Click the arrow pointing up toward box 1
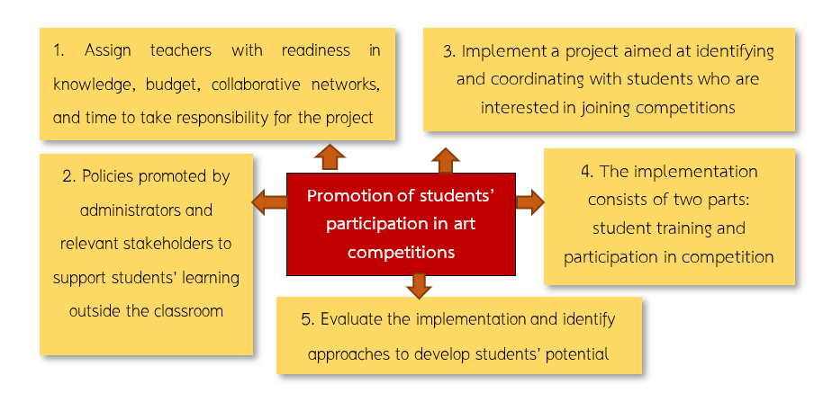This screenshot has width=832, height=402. coord(330,156)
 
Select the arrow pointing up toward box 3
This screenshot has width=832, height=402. coord(445,160)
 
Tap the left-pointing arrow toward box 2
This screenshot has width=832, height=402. coord(269,202)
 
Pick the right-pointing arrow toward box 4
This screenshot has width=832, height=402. coord(530,202)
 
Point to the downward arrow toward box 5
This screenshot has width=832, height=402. coord(417,285)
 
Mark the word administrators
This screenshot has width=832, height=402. coord(146,210)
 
